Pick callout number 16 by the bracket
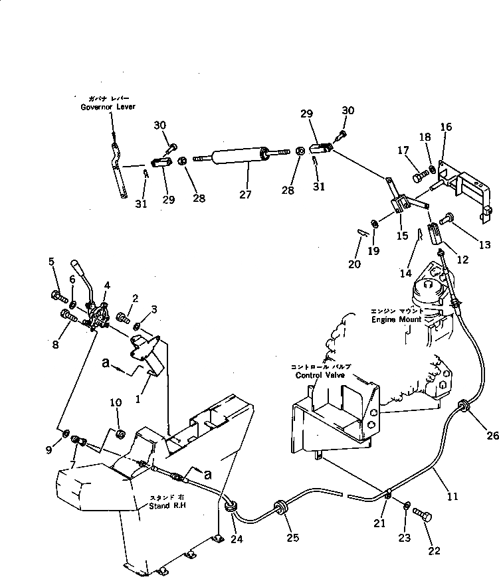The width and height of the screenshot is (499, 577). pyautogui.click(x=446, y=127)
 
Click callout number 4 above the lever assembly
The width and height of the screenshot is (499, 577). pyautogui.click(x=106, y=286)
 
